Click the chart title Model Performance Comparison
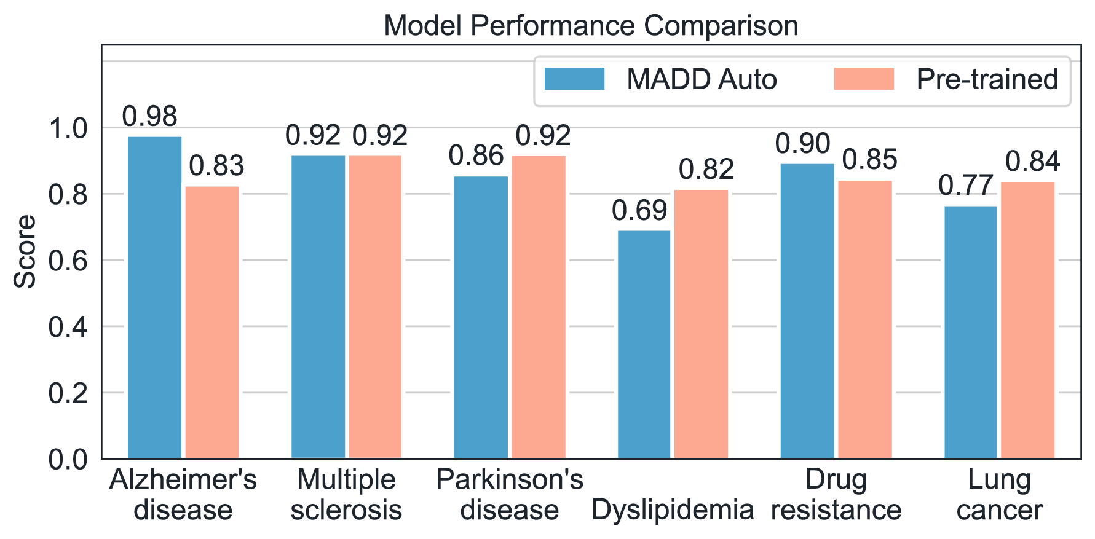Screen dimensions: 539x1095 point(590,26)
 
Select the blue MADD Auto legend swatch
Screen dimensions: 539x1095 point(574,79)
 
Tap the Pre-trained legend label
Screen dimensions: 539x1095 point(987,79)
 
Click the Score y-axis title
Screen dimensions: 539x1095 point(25,251)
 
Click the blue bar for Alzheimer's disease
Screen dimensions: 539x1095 point(154,298)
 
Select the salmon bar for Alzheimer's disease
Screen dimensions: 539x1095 point(212,323)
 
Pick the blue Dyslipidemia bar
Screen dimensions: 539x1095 point(644,344)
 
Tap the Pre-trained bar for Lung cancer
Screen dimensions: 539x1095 point(1027,320)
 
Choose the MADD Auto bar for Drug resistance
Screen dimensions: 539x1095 point(807,310)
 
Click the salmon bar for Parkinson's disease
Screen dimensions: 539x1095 point(539,307)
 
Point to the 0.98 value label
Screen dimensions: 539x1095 point(149,116)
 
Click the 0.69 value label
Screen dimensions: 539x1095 point(639,211)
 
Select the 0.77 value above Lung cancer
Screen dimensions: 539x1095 point(966,186)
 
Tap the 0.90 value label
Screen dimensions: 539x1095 point(802,144)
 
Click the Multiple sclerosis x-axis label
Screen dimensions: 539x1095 point(346,495)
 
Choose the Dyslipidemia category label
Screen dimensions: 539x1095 point(673,509)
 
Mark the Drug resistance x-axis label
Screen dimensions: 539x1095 point(836,495)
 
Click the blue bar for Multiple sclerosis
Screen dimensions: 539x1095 point(318,307)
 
